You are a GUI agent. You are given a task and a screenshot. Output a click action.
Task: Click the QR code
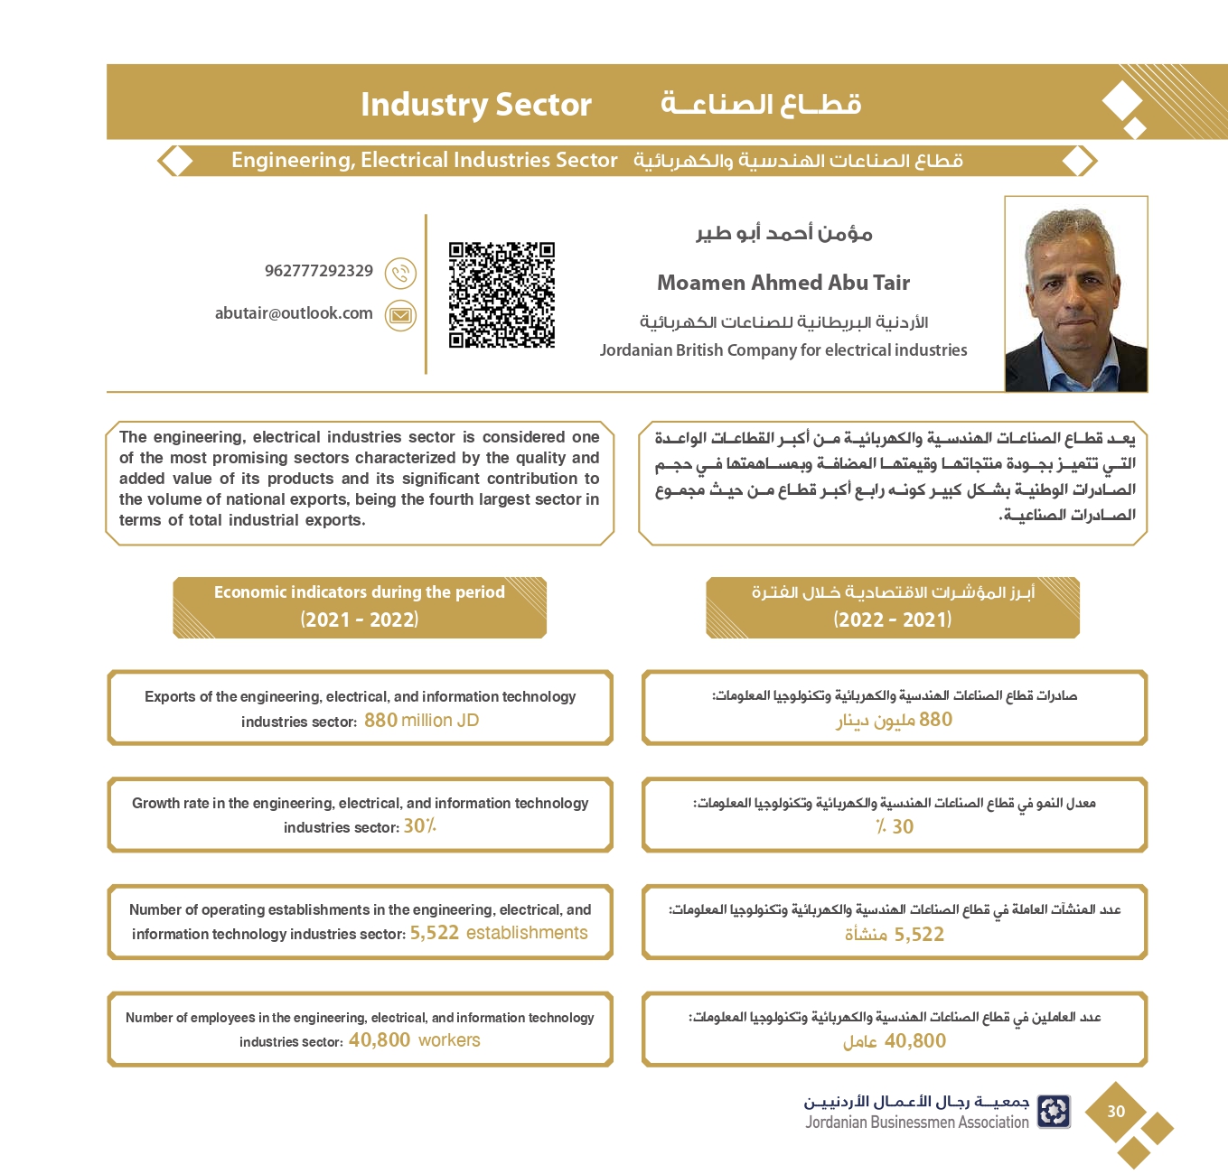[502, 294]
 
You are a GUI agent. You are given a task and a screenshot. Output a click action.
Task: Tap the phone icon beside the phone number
[400, 273]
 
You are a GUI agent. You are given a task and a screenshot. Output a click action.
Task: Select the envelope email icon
[400, 315]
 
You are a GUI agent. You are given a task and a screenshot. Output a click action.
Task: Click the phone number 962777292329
[319, 271]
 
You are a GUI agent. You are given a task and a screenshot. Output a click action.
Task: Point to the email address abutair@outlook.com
[294, 313]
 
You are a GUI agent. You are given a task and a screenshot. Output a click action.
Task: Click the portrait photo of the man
[1075, 294]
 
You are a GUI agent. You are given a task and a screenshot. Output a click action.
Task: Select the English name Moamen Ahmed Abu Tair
[783, 283]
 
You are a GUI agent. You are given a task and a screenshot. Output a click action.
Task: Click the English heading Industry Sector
[475, 105]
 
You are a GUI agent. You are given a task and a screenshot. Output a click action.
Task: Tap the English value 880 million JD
[421, 721]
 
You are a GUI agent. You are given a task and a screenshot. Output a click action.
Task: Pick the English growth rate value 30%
[419, 826]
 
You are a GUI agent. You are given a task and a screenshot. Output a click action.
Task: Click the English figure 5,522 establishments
[499, 933]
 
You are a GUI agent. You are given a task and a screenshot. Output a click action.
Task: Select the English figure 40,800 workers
[414, 1040]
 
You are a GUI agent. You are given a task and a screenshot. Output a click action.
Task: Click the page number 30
[1116, 1112]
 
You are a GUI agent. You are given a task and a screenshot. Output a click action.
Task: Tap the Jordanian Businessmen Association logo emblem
[1054, 1112]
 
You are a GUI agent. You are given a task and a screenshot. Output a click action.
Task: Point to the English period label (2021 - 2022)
[360, 620]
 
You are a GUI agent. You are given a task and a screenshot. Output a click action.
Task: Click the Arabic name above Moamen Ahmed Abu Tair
[783, 234]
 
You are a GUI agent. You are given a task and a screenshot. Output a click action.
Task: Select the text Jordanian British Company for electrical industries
[783, 350]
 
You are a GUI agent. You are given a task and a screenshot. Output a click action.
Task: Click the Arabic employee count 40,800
[914, 1041]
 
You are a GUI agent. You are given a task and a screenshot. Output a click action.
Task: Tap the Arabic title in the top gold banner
[761, 105]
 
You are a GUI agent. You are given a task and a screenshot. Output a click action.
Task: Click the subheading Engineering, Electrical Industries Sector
[424, 161]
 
